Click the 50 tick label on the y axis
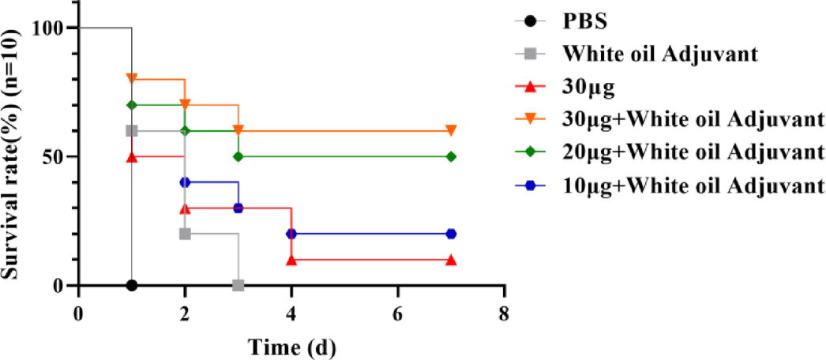coord(58,156)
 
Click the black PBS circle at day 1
coord(132,285)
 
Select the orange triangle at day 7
coord(451,130)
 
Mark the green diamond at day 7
coord(451,156)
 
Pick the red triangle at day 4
coord(291,259)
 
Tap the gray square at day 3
coord(238,285)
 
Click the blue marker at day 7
coord(451,234)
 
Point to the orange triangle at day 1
coord(132,79)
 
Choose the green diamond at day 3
coord(238,156)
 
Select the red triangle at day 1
coord(132,156)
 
